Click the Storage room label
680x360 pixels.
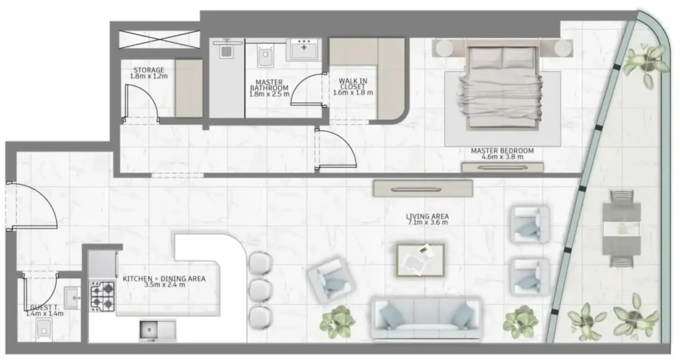pyautogui.click(x=149, y=70)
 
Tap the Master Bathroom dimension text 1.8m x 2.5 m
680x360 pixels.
pyautogui.click(x=270, y=94)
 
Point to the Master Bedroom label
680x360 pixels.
pyautogui.click(x=502, y=151)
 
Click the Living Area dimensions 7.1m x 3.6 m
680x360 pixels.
pyautogui.click(x=427, y=222)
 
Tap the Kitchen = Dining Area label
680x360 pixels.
pyautogui.click(x=164, y=279)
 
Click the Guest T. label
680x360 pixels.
pyautogui.click(x=42, y=308)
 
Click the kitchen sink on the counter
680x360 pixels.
pyautogui.click(x=157, y=330)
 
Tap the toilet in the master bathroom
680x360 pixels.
pyautogui.click(x=265, y=54)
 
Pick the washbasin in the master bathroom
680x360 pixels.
pyautogui.click(x=303, y=48)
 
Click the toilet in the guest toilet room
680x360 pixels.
pyautogui.click(x=44, y=329)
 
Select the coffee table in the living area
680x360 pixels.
pyautogui.click(x=420, y=260)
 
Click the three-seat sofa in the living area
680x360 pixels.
pyautogui.click(x=426, y=318)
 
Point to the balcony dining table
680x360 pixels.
pyautogui.click(x=622, y=228)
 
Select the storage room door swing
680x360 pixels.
pyautogui.click(x=142, y=102)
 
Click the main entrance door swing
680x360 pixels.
pyautogui.click(x=32, y=206)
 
